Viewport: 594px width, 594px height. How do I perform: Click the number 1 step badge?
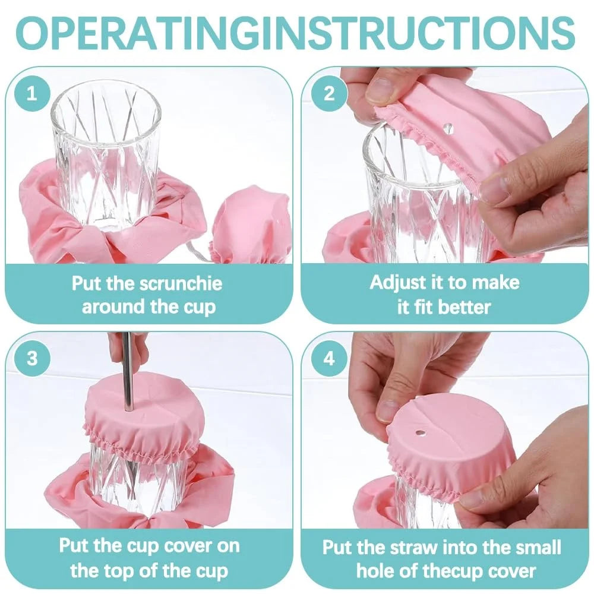tap(31, 94)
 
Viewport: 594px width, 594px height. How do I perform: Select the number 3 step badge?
tap(31, 358)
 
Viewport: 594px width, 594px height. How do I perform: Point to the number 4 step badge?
tap(328, 358)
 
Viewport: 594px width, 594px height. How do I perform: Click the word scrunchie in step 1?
tap(181, 283)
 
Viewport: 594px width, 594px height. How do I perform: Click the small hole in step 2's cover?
tap(448, 127)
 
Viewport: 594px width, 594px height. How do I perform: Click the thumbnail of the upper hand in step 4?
tap(389, 410)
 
